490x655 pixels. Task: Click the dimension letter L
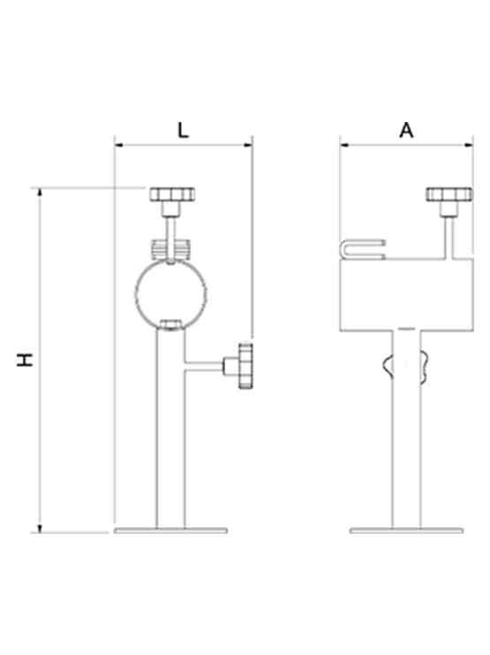click(x=183, y=130)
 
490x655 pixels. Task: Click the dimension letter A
click(x=406, y=130)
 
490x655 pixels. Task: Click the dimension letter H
click(x=25, y=360)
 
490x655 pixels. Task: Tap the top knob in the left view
click(x=172, y=194)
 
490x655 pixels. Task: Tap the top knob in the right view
click(x=449, y=194)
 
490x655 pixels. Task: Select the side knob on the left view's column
click(x=245, y=366)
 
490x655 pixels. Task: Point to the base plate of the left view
click(x=170, y=530)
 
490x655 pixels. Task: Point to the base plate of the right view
click(x=406, y=530)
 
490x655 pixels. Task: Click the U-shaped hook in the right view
click(x=343, y=249)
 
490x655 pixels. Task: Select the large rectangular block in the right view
click(x=406, y=295)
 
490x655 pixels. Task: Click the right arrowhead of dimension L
click(x=248, y=145)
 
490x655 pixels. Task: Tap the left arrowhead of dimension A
click(x=344, y=145)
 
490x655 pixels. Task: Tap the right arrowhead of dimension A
click(x=469, y=145)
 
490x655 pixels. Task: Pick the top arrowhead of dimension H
click(x=40, y=193)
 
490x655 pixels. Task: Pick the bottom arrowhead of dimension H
click(x=40, y=529)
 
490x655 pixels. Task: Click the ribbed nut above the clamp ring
click(x=170, y=249)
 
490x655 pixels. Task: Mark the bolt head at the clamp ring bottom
click(x=171, y=324)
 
